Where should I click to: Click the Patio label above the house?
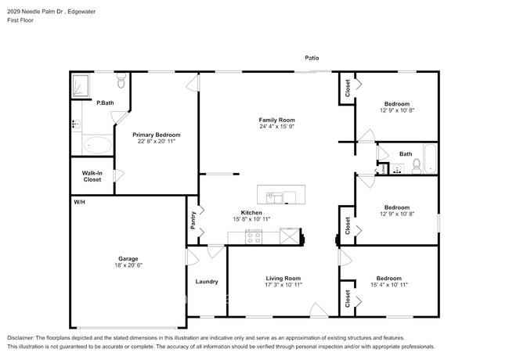coord(312,58)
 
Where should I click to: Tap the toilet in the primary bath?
coord(121,82)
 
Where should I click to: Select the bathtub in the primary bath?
coord(98,145)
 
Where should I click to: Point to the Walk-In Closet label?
coord(92,176)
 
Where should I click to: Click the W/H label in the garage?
coord(79,202)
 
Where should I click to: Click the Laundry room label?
coord(207,282)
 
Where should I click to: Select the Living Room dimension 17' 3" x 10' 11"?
coord(282,286)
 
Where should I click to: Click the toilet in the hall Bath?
coord(417,165)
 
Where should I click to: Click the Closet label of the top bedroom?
coord(347,90)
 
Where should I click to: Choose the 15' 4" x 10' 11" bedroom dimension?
coord(389,286)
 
